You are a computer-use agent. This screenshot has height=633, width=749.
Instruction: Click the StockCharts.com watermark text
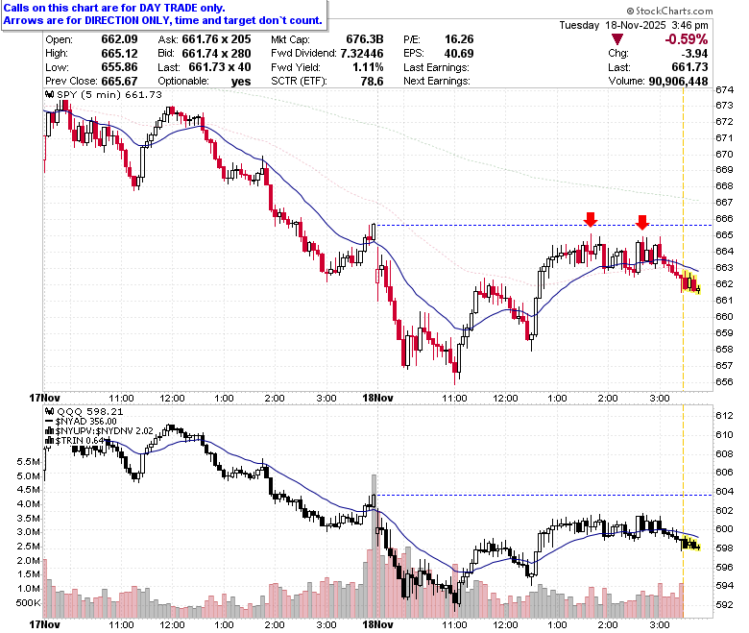(669, 11)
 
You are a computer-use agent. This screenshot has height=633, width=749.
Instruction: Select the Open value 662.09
(119, 39)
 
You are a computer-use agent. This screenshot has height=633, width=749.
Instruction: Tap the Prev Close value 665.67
(119, 82)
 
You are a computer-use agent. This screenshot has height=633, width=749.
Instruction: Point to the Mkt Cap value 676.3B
(365, 39)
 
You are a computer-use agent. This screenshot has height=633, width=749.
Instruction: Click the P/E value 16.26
(459, 39)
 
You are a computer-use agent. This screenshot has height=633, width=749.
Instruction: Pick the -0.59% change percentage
(687, 39)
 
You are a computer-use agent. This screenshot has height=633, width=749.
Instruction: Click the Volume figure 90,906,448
(678, 82)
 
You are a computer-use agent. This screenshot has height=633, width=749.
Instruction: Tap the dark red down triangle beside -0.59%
(617, 39)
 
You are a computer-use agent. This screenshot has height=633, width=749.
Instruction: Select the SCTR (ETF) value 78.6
(373, 82)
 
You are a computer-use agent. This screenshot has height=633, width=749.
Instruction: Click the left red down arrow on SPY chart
(591, 219)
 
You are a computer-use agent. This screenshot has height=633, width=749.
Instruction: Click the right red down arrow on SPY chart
(642, 222)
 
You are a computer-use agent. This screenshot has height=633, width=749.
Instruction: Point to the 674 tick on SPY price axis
(724, 90)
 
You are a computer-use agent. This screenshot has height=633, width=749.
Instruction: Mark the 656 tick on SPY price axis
(724, 381)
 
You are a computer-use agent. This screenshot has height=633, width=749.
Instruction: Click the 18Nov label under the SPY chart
(377, 398)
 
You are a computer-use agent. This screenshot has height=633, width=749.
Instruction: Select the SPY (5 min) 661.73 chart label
(104, 94)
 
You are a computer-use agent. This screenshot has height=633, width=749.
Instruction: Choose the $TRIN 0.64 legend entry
(76, 441)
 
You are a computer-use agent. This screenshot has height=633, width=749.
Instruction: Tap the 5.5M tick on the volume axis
(28, 461)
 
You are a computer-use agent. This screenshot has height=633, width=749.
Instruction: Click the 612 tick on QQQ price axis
(724, 416)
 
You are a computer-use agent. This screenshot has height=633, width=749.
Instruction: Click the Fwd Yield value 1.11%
(368, 67)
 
